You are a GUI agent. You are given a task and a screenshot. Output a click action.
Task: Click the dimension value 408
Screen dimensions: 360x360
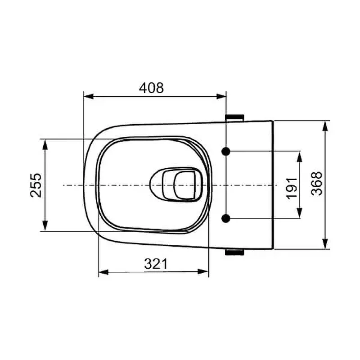pos(151,88)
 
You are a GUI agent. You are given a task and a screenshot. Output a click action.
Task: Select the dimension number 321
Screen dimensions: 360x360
pos(156,264)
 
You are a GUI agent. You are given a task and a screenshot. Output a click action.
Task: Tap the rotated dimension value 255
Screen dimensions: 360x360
pos(36,185)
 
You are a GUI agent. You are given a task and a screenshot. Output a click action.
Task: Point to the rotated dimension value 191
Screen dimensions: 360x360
pos(292,188)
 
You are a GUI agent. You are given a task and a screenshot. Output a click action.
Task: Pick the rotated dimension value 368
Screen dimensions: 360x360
pos(317,184)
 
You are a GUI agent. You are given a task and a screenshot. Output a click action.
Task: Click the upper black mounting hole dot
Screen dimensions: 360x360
pos(226,151)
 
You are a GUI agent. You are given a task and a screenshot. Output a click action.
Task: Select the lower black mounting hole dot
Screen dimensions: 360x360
pos(226,218)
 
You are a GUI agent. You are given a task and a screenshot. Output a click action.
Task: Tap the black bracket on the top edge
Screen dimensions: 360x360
pos(234,117)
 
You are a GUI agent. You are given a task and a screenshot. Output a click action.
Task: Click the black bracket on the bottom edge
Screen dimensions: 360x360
pos(234,252)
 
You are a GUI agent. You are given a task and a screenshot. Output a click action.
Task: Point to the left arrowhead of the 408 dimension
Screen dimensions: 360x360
pos(88,96)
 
